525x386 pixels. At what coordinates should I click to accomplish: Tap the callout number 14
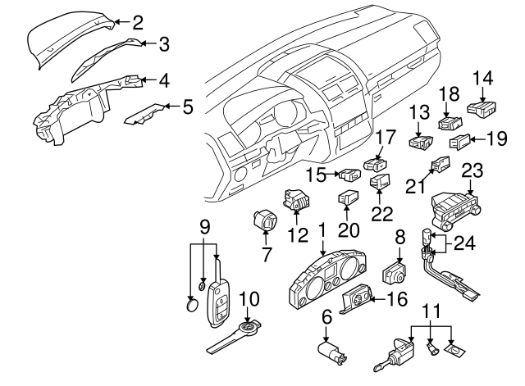pos(483,79)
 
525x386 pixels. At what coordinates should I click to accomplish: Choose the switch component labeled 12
pos(297,201)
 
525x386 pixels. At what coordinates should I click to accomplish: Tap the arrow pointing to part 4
pos(147,79)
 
